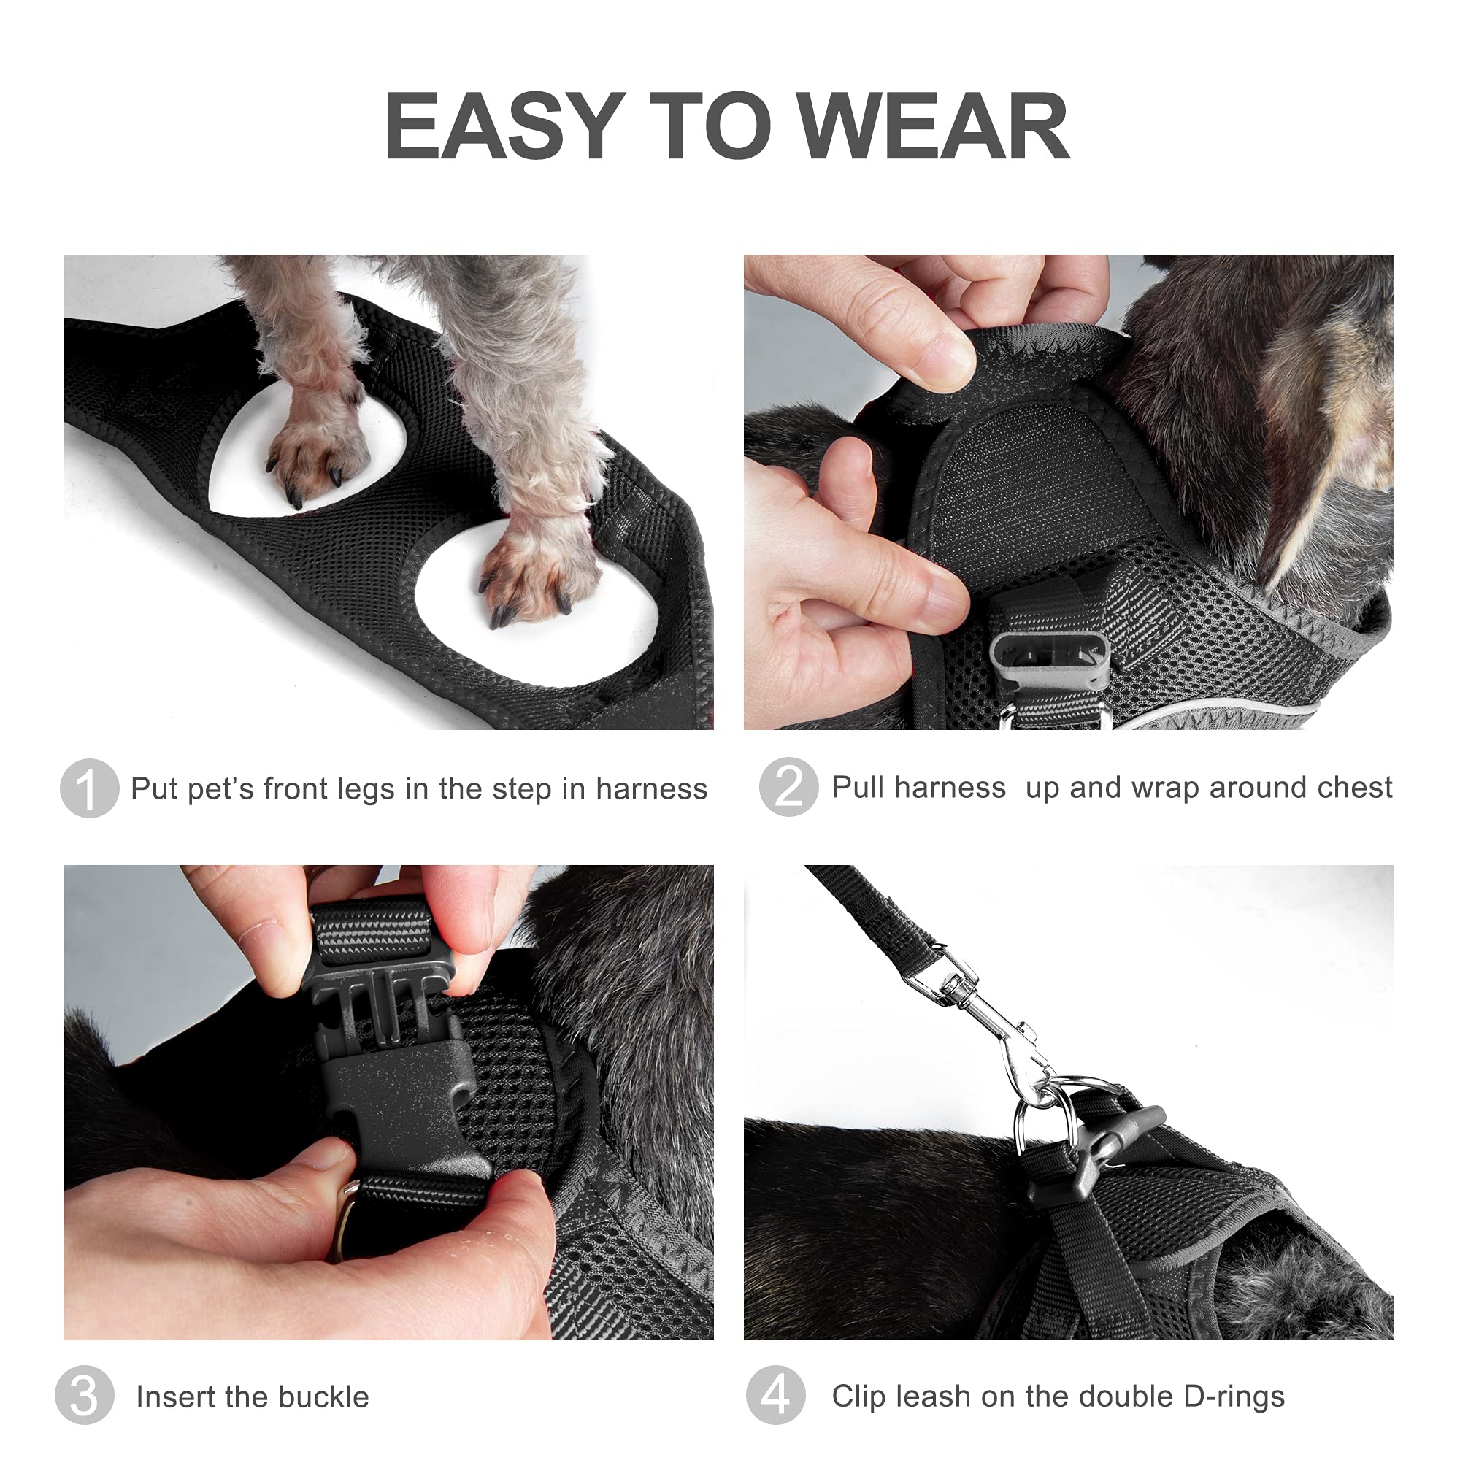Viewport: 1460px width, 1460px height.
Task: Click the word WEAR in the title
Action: point(934,126)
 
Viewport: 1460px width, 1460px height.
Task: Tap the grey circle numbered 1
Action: point(89,788)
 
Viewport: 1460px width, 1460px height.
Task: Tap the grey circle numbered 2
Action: point(788,787)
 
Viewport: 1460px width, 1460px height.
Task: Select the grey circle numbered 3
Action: point(84,1395)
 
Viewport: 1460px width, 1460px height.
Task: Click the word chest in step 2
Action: point(1357,787)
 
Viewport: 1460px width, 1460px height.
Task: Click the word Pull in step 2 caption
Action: point(859,787)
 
